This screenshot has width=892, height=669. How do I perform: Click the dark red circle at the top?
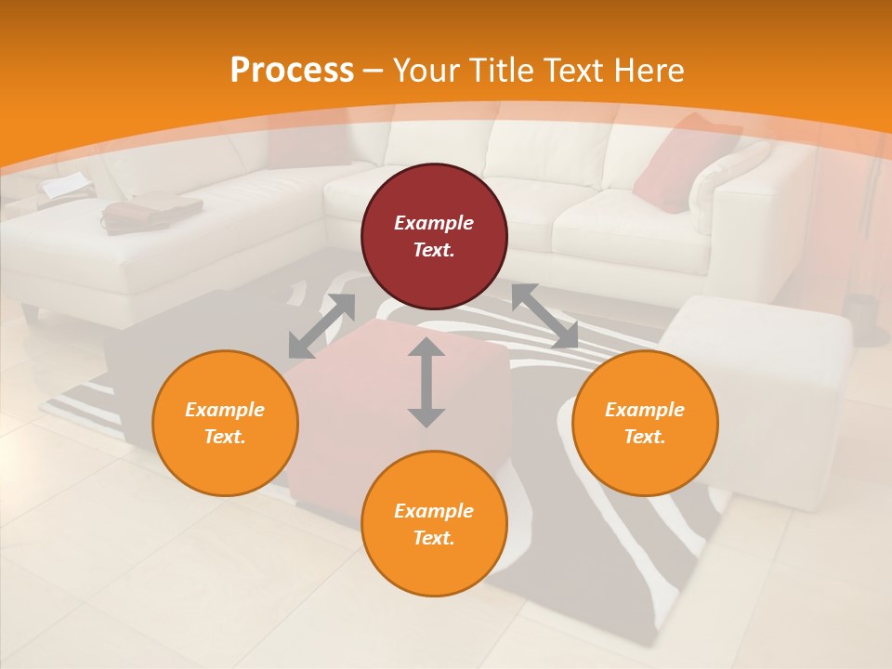434,236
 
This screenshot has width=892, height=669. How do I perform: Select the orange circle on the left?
225,423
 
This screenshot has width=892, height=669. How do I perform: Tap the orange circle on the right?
645,423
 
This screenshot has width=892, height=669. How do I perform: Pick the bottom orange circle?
434,524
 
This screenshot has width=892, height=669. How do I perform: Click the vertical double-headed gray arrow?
426,382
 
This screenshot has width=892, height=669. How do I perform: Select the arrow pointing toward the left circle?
321,326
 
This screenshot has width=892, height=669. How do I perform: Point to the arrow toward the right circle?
544,316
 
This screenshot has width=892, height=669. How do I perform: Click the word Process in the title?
292,70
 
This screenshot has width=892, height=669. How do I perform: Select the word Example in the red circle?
434,223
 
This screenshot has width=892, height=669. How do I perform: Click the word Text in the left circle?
225,437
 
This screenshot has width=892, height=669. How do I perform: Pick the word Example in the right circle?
645,410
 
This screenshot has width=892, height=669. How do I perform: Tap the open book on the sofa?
65,187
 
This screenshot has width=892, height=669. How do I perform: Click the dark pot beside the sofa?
865,316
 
